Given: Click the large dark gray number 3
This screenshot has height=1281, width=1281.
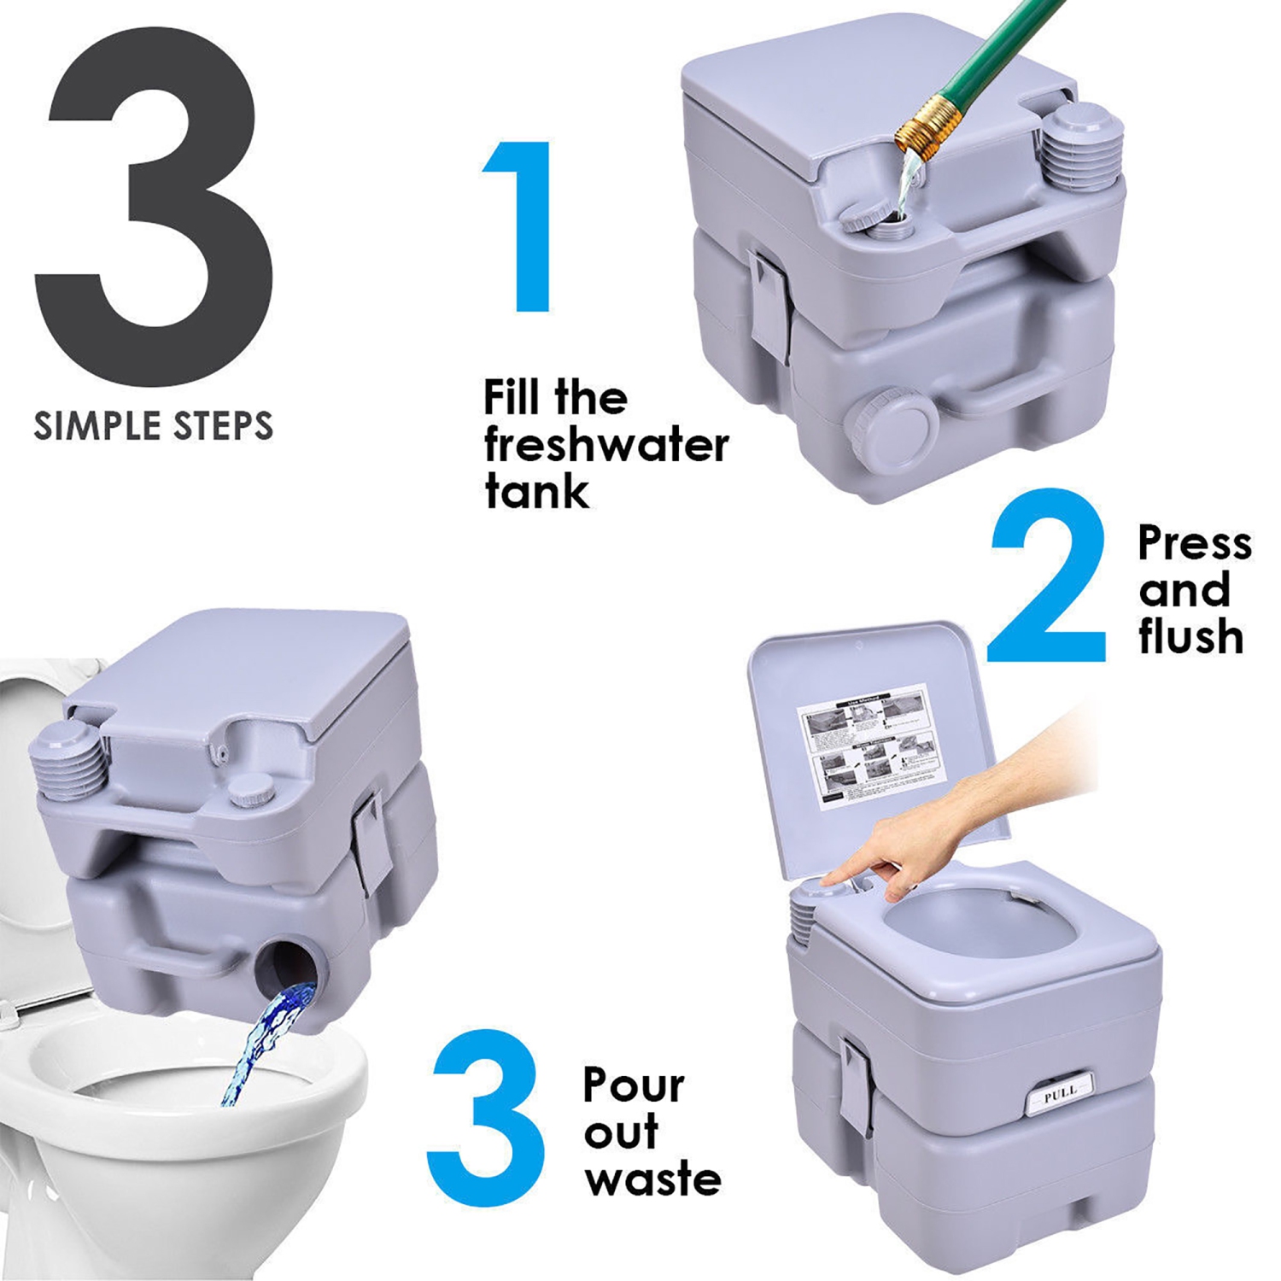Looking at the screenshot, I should [x=154, y=213].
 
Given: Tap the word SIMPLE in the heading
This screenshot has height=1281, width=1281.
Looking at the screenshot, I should [x=88, y=425].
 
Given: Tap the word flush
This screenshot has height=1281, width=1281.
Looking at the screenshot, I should [x=1190, y=637].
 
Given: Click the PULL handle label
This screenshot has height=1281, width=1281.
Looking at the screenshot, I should [x=1059, y=1091].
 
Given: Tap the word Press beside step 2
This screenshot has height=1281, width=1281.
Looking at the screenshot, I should [x=1194, y=544].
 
